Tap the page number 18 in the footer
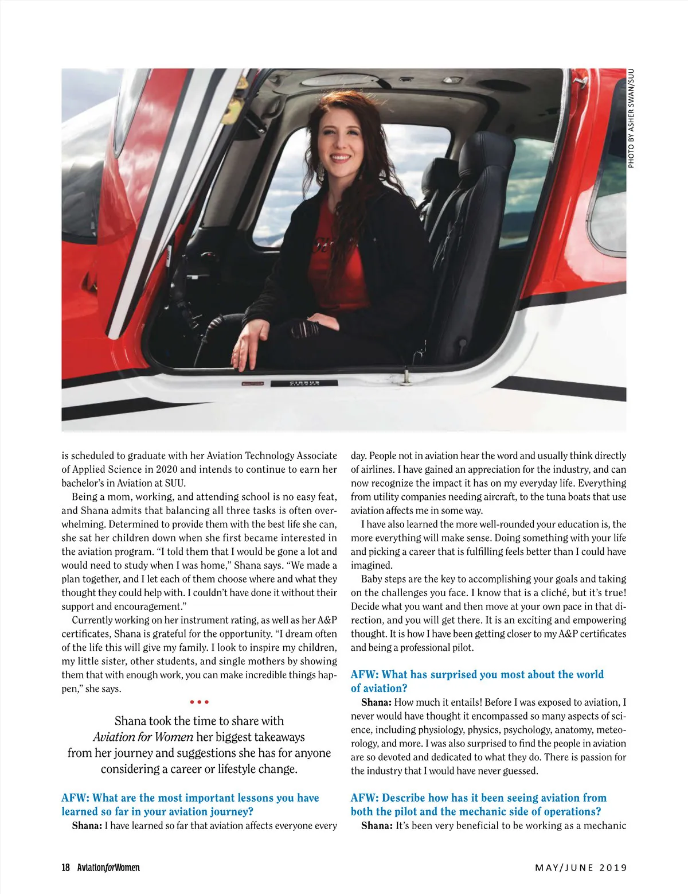(66, 868)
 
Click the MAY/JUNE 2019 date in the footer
(581, 868)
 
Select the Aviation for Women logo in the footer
(108, 868)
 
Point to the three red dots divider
(199, 702)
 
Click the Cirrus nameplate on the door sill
(304, 383)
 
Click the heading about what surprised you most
(477, 681)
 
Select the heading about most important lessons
(190, 804)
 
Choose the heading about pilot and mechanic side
(478, 804)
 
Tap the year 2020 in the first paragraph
(166, 469)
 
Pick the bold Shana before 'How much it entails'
(376, 702)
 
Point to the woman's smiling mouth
(340, 157)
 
